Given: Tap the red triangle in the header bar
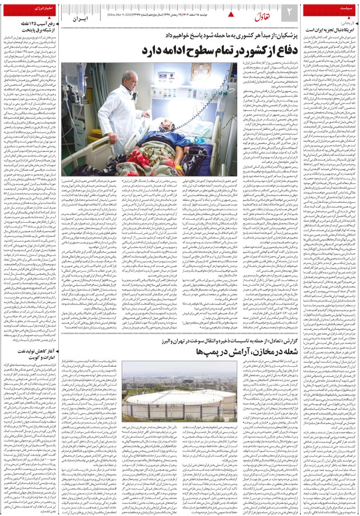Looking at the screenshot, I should pos(231,12).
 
